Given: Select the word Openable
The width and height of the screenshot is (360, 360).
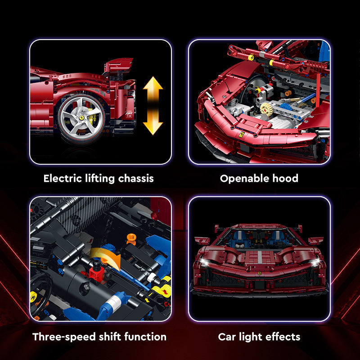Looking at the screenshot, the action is pyautogui.click(x=244, y=179).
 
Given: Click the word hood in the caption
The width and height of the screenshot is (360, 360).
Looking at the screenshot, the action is pyautogui.click(x=285, y=178).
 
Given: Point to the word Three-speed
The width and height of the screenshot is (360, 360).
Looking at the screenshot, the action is pyautogui.click(x=64, y=337).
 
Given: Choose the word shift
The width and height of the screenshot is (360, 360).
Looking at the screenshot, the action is pyautogui.click(x=111, y=337).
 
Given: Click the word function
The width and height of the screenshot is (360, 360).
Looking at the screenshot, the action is pyautogui.click(x=145, y=337).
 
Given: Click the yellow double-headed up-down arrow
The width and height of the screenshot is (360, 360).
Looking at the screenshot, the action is pyautogui.click(x=153, y=106).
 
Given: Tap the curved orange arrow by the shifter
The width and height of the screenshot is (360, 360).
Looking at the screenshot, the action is pyautogui.click(x=106, y=256).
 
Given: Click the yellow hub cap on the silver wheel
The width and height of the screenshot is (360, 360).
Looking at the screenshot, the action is pyautogui.click(x=81, y=118).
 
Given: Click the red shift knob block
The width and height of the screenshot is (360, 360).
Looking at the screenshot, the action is pyautogui.click(x=97, y=273).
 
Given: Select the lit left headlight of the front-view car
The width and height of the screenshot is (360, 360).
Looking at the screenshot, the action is pyautogui.click(x=204, y=262).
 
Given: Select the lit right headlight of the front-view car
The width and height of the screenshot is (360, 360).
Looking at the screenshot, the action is pyautogui.click(x=315, y=262).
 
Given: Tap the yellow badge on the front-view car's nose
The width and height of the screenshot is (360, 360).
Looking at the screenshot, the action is pyautogui.click(x=260, y=273).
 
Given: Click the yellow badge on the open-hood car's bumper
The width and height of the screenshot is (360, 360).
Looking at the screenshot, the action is pyautogui.click(x=241, y=135).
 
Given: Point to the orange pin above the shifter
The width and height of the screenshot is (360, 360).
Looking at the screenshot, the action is pyautogui.click(x=131, y=239).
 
